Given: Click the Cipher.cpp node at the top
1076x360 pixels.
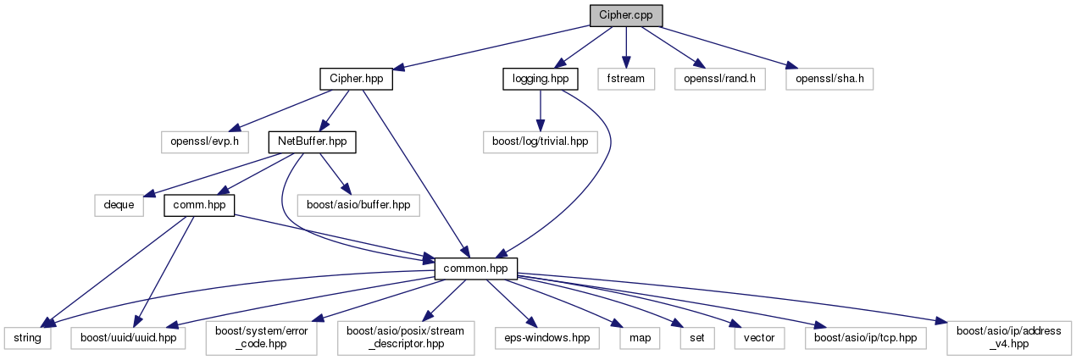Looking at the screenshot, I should [626, 15].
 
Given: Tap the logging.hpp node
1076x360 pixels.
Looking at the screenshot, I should [540, 79].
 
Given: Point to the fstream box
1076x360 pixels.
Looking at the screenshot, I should [626, 79].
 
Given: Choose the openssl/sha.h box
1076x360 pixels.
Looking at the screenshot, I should [829, 79].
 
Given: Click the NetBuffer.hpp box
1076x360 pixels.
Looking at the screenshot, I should [311, 141].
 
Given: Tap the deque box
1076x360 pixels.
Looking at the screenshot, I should [119, 205].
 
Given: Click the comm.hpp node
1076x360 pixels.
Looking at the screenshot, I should [199, 205].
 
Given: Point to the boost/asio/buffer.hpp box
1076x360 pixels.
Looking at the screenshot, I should [358, 205].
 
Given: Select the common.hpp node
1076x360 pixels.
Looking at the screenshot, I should [475, 268].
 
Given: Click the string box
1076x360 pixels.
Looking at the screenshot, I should [26, 337].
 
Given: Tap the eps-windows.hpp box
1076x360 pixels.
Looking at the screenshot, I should [546, 337].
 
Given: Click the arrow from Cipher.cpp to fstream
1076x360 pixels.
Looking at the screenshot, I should [626, 47].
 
